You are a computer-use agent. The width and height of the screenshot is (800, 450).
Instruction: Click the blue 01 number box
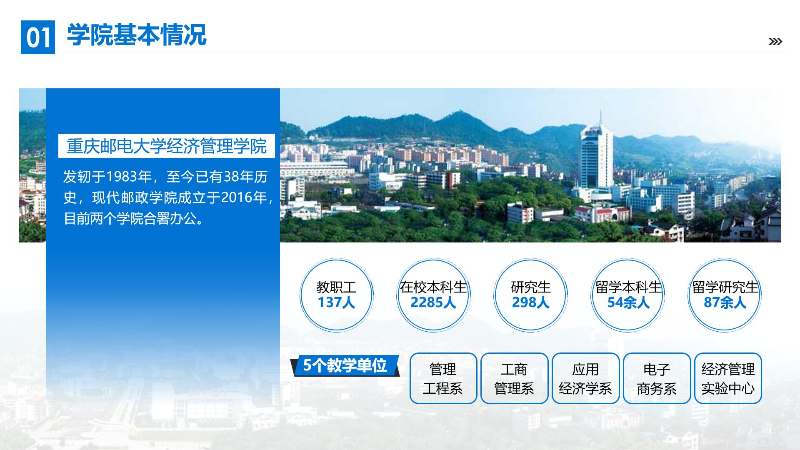pyautogui.click(x=38, y=37)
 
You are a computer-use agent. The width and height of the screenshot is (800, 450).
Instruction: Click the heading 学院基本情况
pyautogui.click(x=137, y=35)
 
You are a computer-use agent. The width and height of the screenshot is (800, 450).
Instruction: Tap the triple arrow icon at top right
pyautogui.click(x=775, y=42)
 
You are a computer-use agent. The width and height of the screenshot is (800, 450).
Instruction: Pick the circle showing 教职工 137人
pyautogui.click(x=336, y=295)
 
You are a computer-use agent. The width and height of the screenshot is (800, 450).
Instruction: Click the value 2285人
pyautogui.click(x=433, y=302)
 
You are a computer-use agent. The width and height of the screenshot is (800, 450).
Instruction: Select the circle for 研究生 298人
pyautogui.click(x=530, y=295)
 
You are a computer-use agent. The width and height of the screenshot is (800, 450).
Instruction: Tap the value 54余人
pyautogui.click(x=628, y=302)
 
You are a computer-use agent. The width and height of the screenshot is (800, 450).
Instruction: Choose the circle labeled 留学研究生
pyautogui.click(x=725, y=295)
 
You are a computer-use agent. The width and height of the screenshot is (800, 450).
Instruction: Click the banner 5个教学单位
pyautogui.click(x=345, y=365)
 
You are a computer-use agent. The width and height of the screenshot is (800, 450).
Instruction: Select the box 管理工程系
pyautogui.click(x=443, y=378)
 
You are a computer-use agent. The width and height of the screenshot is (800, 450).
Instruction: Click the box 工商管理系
pyautogui.click(x=515, y=378)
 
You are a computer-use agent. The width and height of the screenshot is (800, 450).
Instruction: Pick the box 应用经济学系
pyautogui.click(x=586, y=378)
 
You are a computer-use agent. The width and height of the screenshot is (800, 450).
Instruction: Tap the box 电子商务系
pyautogui.click(x=657, y=378)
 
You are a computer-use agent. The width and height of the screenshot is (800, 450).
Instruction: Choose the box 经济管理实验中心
pyautogui.click(x=728, y=378)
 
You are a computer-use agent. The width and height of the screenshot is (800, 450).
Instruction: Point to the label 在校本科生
pyautogui.click(x=433, y=287)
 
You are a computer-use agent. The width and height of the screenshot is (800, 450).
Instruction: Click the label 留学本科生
pyautogui.click(x=628, y=287)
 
